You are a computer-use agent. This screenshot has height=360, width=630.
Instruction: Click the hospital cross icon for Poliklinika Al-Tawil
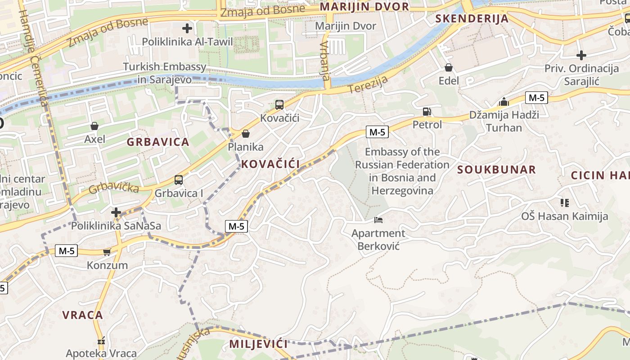[x=187, y=29]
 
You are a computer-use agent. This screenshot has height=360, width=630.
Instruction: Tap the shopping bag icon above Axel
[x=94, y=126]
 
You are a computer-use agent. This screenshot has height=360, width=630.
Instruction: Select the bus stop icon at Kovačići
[x=279, y=105]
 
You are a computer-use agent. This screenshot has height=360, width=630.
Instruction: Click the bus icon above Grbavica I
[x=179, y=180]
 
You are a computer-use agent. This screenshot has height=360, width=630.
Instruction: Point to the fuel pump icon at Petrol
[x=427, y=111]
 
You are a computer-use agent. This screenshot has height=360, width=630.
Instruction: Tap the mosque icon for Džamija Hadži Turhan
[x=504, y=102]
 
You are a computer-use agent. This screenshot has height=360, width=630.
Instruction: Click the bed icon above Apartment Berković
[x=378, y=220]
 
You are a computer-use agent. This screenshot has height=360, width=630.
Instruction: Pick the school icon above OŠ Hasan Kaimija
[x=564, y=203]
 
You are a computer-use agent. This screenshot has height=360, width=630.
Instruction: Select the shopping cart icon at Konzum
[x=107, y=252]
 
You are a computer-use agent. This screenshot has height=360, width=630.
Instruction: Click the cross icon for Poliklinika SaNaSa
[x=117, y=212]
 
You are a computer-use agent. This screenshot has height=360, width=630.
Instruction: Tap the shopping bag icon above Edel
[x=449, y=68]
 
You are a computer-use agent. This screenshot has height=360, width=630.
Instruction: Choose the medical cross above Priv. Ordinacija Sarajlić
[x=581, y=55]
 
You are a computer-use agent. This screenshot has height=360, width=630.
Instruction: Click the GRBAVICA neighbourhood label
[x=158, y=142]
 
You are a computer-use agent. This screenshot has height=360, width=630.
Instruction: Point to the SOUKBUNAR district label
[x=497, y=170]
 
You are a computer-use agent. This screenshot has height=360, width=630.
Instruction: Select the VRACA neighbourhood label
[x=83, y=315]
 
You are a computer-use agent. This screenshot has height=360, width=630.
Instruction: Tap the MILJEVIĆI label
[x=258, y=344]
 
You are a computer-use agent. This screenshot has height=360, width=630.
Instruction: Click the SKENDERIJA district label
[x=472, y=18]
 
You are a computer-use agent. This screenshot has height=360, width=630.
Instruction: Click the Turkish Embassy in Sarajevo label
[x=165, y=73]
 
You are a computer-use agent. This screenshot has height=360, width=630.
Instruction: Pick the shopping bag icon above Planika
[x=246, y=134]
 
